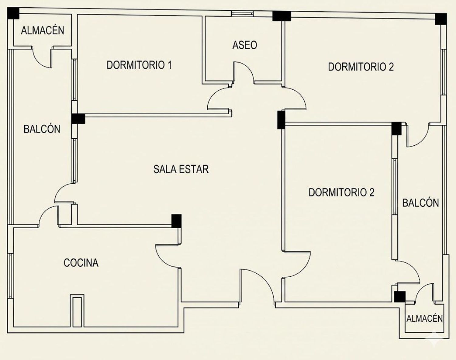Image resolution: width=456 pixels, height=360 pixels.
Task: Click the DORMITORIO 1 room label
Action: point(139,65)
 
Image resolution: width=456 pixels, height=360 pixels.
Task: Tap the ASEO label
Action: point(245,45)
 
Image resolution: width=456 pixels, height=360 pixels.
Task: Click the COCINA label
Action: point(81,263)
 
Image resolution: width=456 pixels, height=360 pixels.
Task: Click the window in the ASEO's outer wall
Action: point(242,14)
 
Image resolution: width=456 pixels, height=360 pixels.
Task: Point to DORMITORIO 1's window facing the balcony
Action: point(74,79)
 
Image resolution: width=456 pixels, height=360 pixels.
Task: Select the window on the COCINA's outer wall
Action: point(10,275)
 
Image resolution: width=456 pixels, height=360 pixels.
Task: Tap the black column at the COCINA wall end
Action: point(176,221)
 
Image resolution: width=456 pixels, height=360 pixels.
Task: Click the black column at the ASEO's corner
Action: point(282,16)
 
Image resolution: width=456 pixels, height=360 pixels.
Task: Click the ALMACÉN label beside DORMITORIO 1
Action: point(43,30)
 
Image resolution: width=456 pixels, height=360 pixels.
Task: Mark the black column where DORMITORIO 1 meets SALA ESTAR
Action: point(78,119)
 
